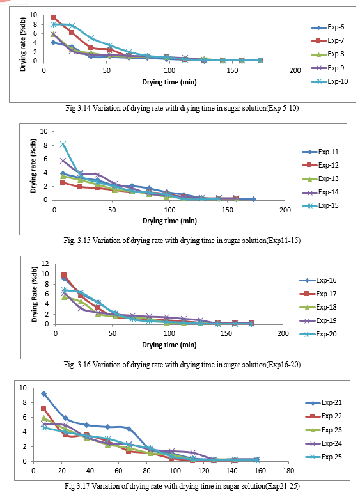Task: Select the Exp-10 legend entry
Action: point(329,81)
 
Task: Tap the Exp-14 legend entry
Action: point(320,192)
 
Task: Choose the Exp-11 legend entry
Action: point(320,152)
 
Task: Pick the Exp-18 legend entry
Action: point(318,307)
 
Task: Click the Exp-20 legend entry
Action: point(318,334)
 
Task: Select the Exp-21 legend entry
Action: point(324,402)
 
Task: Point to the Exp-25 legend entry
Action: point(324,457)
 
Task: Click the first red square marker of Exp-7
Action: point(53,17)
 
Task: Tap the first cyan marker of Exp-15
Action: point(63,145)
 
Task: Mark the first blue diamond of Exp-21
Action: point(43,393)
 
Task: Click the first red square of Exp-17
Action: point(64,275)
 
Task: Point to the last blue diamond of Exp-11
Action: point(253,199)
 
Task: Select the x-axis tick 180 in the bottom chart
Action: point(288,471)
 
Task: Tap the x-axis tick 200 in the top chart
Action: point(295,70)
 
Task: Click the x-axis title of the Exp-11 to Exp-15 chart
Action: point(169,221)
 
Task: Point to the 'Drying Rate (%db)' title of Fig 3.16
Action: point(35,294)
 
